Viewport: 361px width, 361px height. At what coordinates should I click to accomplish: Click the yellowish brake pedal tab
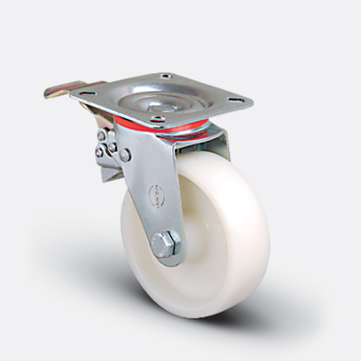tap(59, 90)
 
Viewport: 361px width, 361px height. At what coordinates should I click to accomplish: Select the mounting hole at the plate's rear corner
tap(166, 76)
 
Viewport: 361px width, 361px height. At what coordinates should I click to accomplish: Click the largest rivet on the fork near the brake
tap(125, 155)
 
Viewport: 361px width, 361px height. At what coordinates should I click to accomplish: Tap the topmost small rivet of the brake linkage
tap(102, 135)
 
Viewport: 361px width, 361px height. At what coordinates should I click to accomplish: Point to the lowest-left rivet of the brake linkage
tap(99, 153)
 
